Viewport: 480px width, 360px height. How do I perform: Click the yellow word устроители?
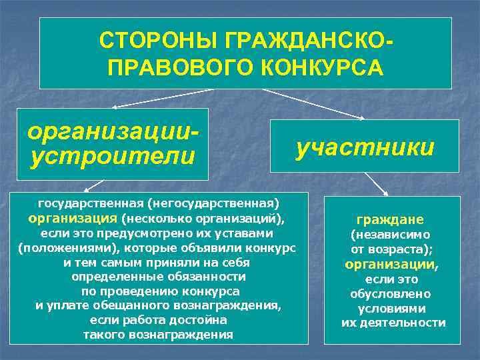click(x=111, y=157)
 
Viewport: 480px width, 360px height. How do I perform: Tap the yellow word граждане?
click(x=390, y=219)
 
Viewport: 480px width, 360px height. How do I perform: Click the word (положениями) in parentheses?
click(x=54, y=248)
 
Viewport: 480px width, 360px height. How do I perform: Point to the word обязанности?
click(x=207, y=277)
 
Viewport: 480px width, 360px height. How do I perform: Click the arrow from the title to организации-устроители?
click(x=160, y=98)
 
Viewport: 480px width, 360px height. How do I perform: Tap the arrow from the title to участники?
click(x=313, y=104)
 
